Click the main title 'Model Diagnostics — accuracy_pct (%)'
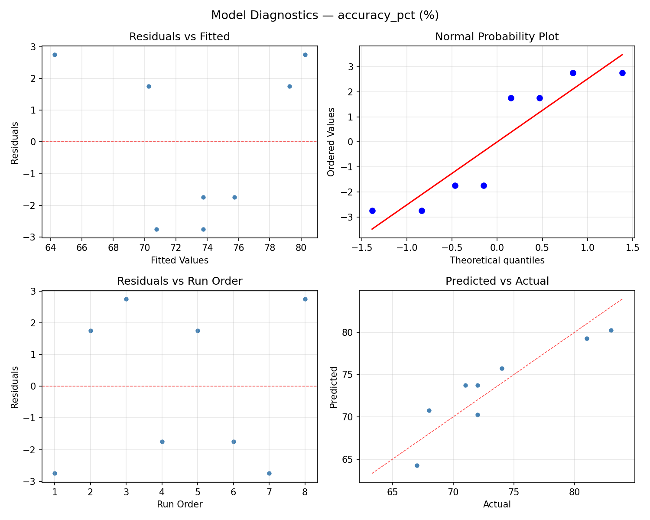(x=325, y=16)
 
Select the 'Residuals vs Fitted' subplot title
(x=179, y=37)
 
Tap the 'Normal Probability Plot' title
(x=497, y=37)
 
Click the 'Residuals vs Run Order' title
(x=179, y=281)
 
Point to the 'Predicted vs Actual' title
(x=497, y=281)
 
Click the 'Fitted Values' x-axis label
(x=179, y=260)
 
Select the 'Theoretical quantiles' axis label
(x=497, y=260)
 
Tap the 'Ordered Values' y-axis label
(x=331, y=142)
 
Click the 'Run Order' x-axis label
(x=179, y=504)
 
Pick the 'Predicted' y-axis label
(x=333, y=387)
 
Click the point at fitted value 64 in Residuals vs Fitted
(x=55, y=55)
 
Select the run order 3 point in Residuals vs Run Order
(x=126, y=299)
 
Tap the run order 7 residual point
(x=269, y=473)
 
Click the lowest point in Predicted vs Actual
(x=417, y=465)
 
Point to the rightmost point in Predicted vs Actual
(x=611, y=330)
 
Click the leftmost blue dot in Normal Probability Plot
(x=372, y=211)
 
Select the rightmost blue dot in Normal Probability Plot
(x=622, y=73)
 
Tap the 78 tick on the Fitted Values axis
(x=270, y=247)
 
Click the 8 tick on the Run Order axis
(x=305, y=491)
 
